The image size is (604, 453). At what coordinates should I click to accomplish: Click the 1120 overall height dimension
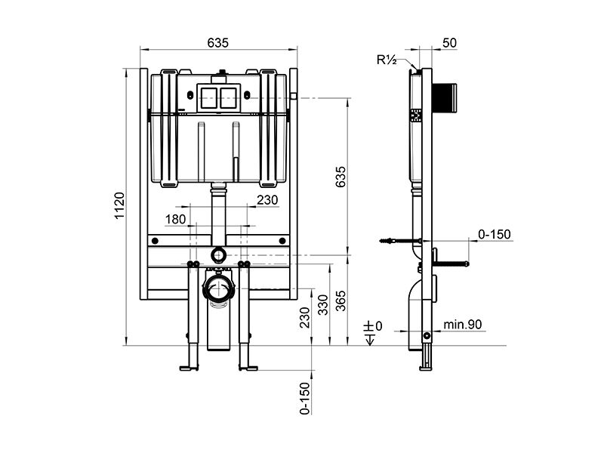coord(120,205)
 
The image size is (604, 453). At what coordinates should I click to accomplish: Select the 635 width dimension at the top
coord(217,43)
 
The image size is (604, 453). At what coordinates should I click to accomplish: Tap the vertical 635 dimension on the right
coord(341,177)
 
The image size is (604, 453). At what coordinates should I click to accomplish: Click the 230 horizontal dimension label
coord(267,200)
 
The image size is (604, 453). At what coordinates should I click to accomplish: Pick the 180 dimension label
coord(175,219)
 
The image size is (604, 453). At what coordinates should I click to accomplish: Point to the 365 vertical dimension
coord(341,300)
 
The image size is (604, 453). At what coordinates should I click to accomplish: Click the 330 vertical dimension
coord(323,305)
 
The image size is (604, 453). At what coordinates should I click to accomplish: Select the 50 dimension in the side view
coord(449,43)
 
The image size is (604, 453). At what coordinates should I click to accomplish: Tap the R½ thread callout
coord(387,60)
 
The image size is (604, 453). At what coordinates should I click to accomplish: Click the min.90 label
coord(462,325)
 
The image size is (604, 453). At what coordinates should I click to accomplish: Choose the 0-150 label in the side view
coord(495,234)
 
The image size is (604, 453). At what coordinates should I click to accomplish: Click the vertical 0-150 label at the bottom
coord(305,398)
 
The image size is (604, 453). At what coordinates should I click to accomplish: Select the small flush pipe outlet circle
coord(218,254)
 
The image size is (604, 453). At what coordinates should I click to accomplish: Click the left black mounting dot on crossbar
coord(155,241)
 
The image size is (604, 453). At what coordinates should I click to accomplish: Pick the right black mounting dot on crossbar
coord(282,241)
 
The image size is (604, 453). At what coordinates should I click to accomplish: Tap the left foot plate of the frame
coord(190,368)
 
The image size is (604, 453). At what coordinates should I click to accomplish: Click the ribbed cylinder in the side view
coord(445,98)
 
